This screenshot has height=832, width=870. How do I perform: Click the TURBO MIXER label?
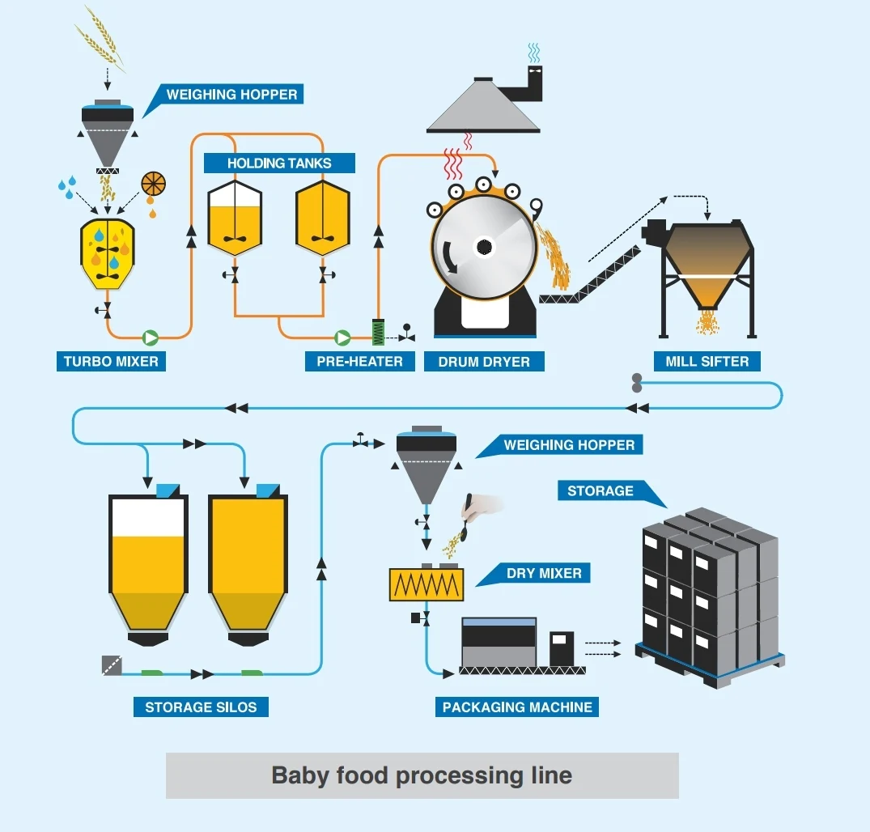tap(111, 361)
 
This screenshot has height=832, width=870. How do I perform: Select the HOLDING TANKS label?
tap(279, 163)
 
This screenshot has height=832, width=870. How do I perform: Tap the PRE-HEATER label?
tap(359, 361)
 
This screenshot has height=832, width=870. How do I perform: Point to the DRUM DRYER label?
tap(484, 361)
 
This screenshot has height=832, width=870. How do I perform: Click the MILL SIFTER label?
tap(707, 361)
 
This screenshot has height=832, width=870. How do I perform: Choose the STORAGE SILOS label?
tap(201, 707)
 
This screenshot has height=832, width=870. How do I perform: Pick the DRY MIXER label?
tap(543, 574)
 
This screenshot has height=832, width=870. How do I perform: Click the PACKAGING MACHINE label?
tap(517, 707)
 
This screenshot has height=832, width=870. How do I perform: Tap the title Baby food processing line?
tap(422, 775)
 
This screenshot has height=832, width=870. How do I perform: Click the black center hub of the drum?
tap(484, 247)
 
